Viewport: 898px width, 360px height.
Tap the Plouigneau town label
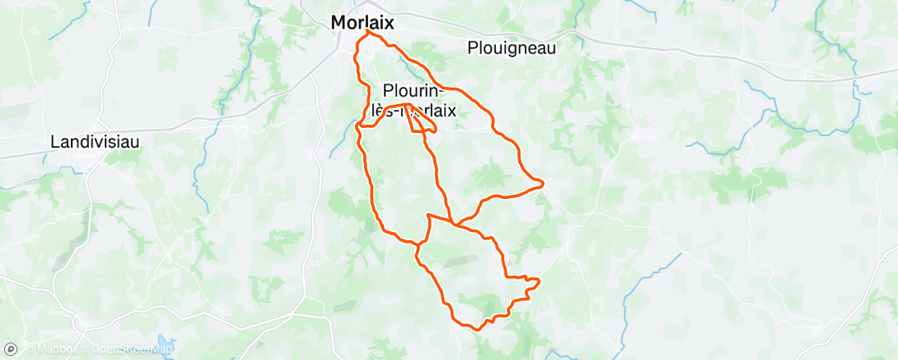tap(511, 48)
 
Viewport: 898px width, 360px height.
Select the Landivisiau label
tap(95, 141)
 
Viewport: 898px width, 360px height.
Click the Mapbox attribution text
tap(53, 349)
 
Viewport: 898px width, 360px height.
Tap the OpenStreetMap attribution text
tap(132, 349)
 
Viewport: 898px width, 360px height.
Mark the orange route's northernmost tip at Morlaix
tap(367, 31)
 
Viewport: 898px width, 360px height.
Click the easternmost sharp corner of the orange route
tap(542, 183)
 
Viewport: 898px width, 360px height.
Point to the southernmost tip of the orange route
tap(478, 329)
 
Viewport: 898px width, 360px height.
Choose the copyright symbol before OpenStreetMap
tap(85, 349)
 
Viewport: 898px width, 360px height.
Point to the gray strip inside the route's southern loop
tap(456, 261)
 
